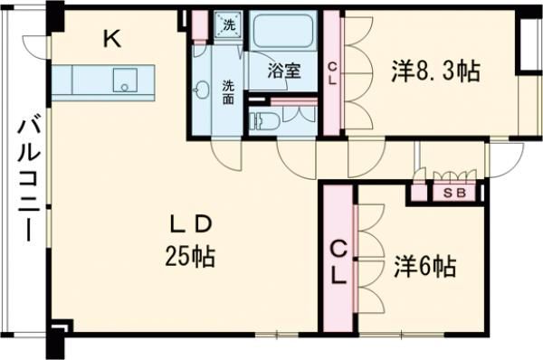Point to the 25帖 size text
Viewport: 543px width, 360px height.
click(189, 256)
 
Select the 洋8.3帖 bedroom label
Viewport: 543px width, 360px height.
click(435, 70)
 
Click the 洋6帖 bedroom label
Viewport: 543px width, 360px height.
click(424, 267)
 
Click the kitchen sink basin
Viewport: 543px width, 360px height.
click(122, 83)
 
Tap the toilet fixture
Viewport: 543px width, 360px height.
click(263, 120)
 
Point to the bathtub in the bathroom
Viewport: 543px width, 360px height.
click(282, 37)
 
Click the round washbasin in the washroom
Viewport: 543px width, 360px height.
click(202, 90)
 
